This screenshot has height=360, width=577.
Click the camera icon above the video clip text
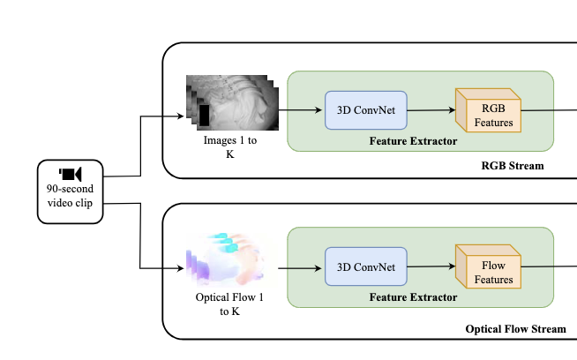coord(71,173)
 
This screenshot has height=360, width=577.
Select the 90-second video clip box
coord(71,191)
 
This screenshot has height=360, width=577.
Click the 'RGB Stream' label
coord(512,165)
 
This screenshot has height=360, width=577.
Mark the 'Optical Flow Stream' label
coord(515,328)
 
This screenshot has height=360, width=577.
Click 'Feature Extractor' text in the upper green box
coord(413,140)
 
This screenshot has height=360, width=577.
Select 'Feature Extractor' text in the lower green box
coord(413,297)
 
